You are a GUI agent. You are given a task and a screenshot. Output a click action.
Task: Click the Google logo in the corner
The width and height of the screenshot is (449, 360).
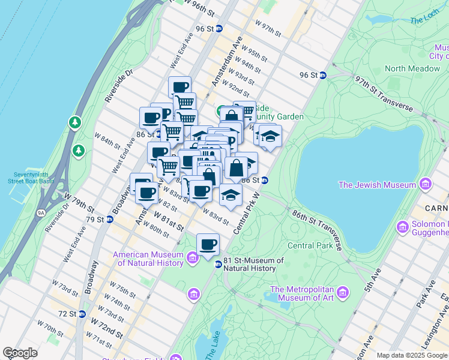point(20,353)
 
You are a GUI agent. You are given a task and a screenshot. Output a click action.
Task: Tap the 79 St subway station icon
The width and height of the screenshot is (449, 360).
point(110,220)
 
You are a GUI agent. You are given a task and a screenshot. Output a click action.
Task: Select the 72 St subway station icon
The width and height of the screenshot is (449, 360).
point(82,314)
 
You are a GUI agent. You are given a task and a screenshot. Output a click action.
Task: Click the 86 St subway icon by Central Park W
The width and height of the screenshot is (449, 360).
point(264,180)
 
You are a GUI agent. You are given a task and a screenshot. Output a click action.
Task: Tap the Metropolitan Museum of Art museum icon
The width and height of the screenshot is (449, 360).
point(343,293)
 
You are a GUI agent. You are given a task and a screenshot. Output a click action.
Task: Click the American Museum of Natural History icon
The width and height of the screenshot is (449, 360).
point(192,259)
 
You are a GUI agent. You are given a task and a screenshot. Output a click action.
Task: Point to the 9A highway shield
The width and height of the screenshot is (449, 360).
point(41,212)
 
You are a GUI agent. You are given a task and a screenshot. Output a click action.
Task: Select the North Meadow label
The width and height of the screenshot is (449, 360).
point(412,68)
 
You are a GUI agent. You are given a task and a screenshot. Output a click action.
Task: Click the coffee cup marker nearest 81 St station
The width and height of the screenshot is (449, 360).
point(208,244)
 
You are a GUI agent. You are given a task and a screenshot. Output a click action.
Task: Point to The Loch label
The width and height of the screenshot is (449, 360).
point(424,20)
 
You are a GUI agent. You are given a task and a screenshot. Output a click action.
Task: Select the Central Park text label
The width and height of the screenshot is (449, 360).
point(310,245)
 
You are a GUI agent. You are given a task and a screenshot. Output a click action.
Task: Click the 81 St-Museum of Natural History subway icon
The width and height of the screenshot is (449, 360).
point(218,265)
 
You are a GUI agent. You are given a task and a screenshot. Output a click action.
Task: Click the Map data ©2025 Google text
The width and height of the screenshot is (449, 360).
point(412,355)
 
